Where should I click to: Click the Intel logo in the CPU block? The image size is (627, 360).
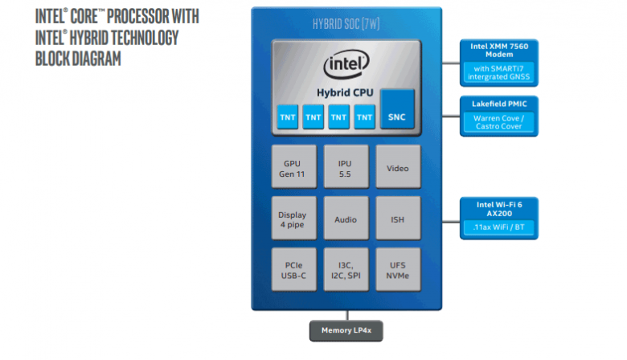(346, 64)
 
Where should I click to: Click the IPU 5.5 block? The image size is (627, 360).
(346, 168)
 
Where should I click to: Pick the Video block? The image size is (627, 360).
(397, 168)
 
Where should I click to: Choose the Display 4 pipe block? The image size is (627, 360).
(293, 219)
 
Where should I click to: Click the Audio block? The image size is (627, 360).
(346, 219)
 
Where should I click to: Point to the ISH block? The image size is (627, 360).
(397, 219)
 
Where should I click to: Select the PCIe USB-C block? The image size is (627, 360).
(293, 271)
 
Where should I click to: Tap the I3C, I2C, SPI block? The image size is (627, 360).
(346, 271)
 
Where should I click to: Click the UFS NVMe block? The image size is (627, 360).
(397, 271)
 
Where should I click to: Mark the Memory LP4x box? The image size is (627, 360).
(346, 330)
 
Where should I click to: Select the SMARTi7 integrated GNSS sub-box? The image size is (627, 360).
(498, 73)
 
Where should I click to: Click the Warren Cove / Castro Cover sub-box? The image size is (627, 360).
(498, 123)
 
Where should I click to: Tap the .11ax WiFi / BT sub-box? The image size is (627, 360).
(498, 228)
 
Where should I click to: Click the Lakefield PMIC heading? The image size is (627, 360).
(498, 104)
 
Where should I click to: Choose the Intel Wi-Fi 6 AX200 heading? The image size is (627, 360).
(498, 209)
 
